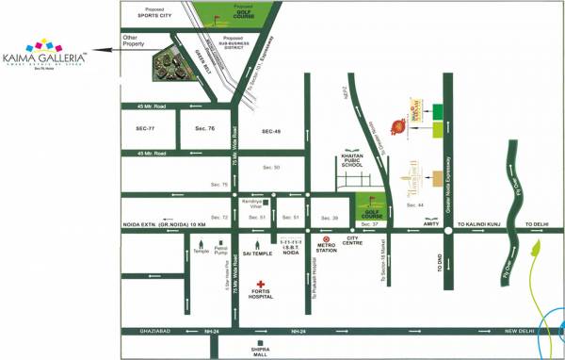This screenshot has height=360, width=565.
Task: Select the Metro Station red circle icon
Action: click(326, 239)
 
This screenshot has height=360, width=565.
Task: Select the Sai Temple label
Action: click(256, 253)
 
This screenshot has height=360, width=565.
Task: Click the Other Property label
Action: click(137, 41)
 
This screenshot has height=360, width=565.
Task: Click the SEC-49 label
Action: click(272, 131)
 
